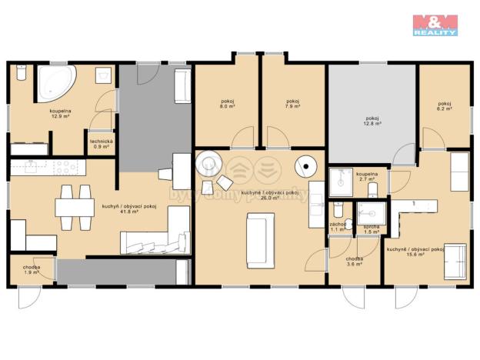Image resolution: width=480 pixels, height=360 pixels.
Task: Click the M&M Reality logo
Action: coord(435,25)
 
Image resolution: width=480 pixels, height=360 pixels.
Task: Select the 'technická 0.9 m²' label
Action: coord(102,143)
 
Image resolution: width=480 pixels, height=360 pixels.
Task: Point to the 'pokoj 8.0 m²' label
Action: coord(226,104)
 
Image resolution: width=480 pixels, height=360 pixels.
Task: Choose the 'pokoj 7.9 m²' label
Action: coord(292,104)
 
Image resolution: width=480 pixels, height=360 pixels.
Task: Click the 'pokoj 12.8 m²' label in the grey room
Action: coord(372,120)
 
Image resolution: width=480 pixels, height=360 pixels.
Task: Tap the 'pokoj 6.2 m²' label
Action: coord(445,107)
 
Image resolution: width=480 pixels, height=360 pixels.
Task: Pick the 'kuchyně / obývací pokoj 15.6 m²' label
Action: coord(415,252)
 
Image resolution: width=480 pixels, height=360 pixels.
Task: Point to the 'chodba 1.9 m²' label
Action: coord(32,269)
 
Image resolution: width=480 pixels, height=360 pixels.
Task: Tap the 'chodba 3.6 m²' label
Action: coord(354,262)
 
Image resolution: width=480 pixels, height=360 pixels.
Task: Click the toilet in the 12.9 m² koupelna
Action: coord(22,73)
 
